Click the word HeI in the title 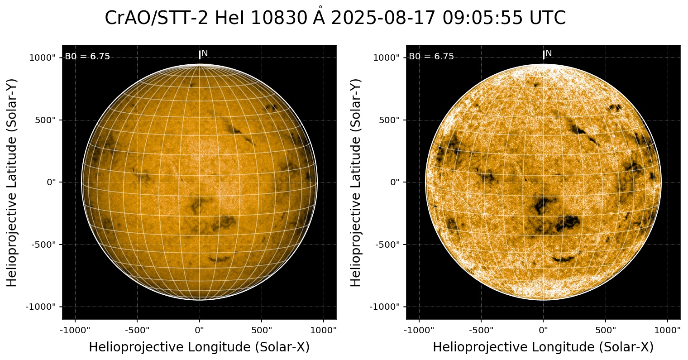(x=230, y=19)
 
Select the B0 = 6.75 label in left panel (x=87, y=57)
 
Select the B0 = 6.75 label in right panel (x=431, y=57)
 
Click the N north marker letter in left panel (x=205, y=53)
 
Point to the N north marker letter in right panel (x=549, y=53)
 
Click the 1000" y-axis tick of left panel (x=42, y=58)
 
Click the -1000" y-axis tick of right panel (x=385, y=307)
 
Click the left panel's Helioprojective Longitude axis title (x=199, y=347)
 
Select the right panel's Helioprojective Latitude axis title (x=356, y=182)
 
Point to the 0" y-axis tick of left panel (x=51, y=182)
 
